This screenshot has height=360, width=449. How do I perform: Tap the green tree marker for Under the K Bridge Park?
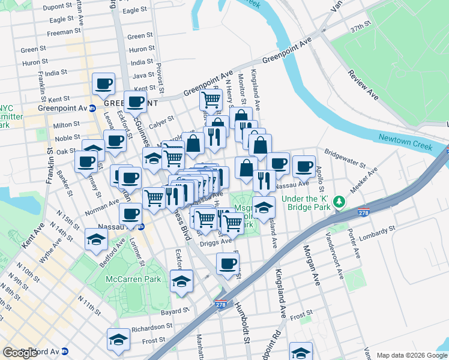(340, 200)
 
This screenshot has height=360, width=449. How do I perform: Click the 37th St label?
(361, 28)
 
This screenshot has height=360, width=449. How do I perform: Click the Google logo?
(20, 353)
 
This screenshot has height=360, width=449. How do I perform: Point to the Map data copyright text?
(412, 355)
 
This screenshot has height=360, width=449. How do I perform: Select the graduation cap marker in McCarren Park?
(182, 280)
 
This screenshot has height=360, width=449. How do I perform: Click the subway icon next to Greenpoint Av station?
(92, 108)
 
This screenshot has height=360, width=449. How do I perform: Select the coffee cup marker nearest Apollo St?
(304, 165)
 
